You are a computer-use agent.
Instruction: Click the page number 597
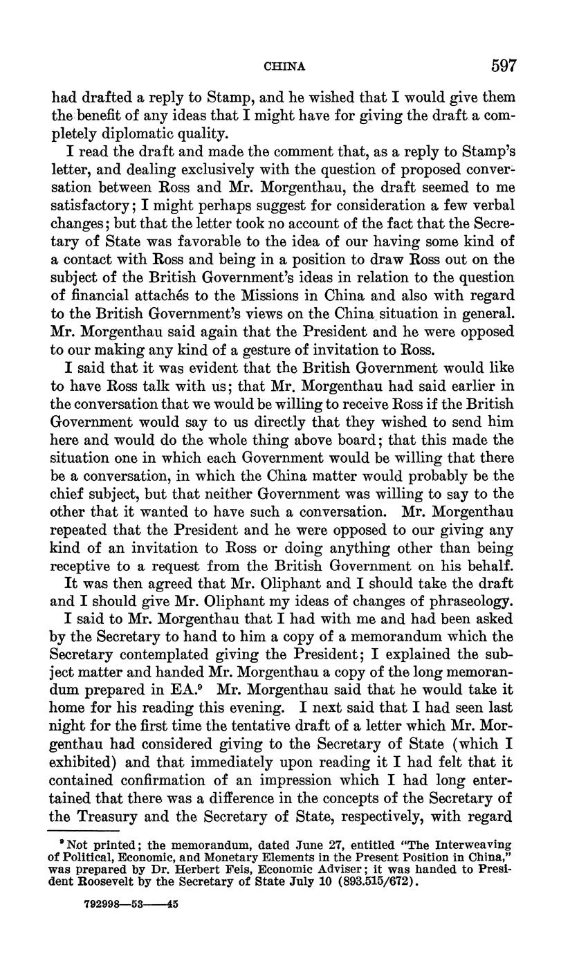[x=504, y=66]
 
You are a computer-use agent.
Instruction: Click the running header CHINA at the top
[x=284, y=67]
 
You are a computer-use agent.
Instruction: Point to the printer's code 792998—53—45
[x=129, y=903]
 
